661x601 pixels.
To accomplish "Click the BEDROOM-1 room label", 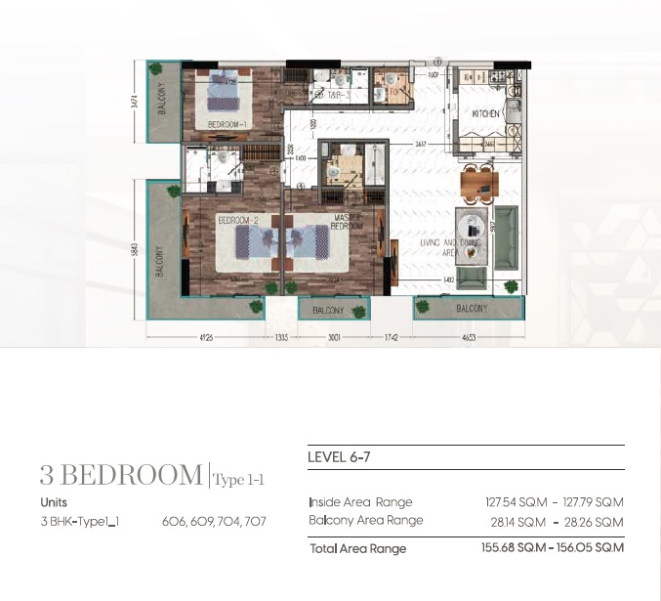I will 227,123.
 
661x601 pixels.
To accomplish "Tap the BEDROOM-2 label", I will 237,221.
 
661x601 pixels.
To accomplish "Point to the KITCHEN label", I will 486,114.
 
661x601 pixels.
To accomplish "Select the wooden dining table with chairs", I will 478,181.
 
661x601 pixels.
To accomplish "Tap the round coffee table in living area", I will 473,250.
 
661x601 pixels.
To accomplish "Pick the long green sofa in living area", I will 507,237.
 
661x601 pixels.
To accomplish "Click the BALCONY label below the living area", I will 471,309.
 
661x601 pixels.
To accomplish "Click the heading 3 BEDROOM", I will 120,476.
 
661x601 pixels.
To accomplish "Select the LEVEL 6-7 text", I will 339,456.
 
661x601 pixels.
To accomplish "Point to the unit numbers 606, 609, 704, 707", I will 214,522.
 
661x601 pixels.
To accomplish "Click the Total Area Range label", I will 357,548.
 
